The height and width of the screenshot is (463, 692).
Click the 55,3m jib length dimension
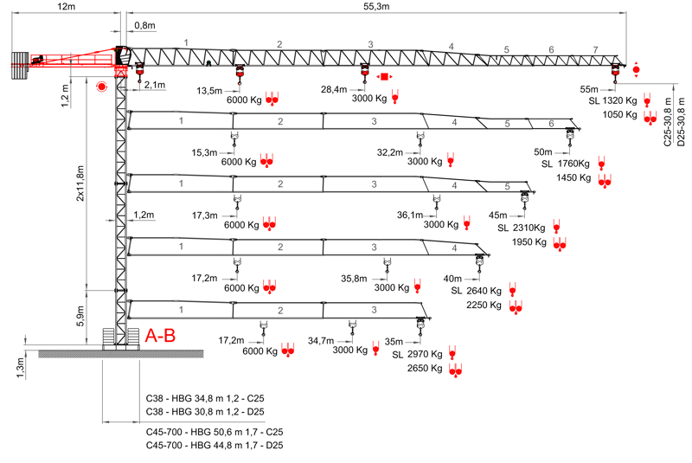[x=377, y=6]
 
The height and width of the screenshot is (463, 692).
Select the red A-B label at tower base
[x=160, y=335]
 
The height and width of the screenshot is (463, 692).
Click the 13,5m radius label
[x=210, y=90]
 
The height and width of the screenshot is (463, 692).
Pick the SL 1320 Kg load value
[x=612, y=101]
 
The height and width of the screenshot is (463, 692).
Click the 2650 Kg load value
[x=424, y=369]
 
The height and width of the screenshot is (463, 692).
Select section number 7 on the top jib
[x=594, y=49]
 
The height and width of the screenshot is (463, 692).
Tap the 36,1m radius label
[x=409, y=215]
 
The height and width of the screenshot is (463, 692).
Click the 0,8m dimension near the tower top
[x=144, y=26]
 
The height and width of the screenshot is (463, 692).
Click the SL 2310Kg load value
[x=522, y=228]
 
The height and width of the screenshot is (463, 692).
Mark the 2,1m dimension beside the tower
[x=155, y=85]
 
